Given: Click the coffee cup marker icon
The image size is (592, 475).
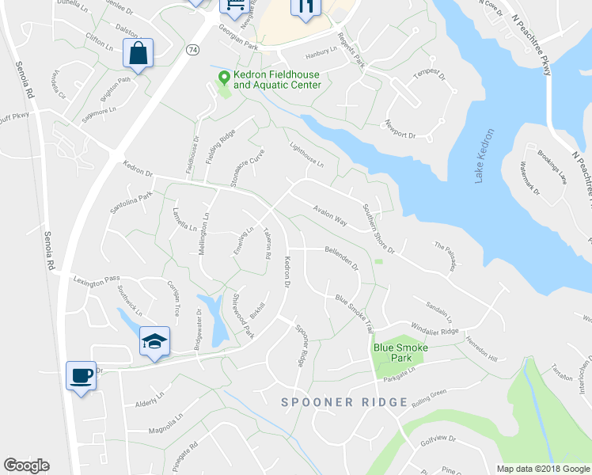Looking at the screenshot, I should click(x=81, y=375).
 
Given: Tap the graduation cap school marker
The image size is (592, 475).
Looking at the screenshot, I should click(x=155, y=340).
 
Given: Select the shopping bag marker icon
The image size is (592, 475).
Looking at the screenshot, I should click(x=138, y=54).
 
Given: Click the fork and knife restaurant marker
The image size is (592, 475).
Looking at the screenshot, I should click(x=305, y=6).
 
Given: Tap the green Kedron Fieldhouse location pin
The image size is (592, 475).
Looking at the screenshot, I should click(x=224, y=78).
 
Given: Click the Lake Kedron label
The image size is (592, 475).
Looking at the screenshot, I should click(x=484, y=157).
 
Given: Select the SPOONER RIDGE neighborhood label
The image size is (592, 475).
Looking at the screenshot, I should click(x=345, y=402).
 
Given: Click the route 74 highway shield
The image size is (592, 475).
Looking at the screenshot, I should click(x=192, y=49).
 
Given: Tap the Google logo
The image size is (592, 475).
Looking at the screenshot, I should click(x=26, y=465).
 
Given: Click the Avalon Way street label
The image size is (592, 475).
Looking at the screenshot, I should click(x=330, y=215).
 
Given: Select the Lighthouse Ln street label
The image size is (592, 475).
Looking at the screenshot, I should click(x=307, y=154).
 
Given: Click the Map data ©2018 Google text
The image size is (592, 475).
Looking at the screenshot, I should click(x=542, y=469).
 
